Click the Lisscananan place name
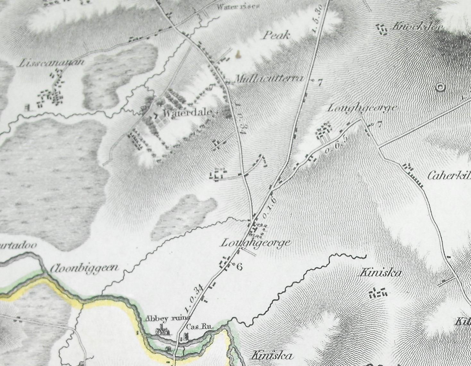click(x=52, y=62)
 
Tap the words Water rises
click(x=238, y=6)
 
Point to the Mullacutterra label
click(x=269, y=79)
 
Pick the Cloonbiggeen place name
click(x=84, y=268)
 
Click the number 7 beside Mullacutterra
click(x=319, y=83)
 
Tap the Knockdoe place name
click(x=417, y=27)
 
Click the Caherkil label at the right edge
click(x=449, y=176)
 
